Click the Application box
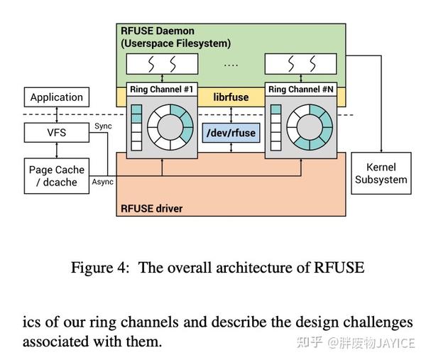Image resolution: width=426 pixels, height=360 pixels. pyautogui.click(x=56, y=97)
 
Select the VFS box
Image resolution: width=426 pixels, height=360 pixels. pyautogui.click(x=56, y=131)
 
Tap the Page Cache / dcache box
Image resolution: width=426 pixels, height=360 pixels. pyautogui.click(x=56, y=175)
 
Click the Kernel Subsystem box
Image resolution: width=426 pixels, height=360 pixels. pyautogui.click(x=381, y=173)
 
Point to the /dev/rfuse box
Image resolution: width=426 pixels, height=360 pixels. pyautogui.click(x=231, y=133)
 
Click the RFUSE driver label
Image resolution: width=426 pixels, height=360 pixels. pyautogui.click(x=151, y=209)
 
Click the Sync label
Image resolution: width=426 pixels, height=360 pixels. pyautogui.click(x=102, y=126)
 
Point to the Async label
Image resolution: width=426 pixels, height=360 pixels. pyautogui.click(x=102, y=182)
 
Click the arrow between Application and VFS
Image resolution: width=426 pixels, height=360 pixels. pyautogui.click(x=56, y=114)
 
